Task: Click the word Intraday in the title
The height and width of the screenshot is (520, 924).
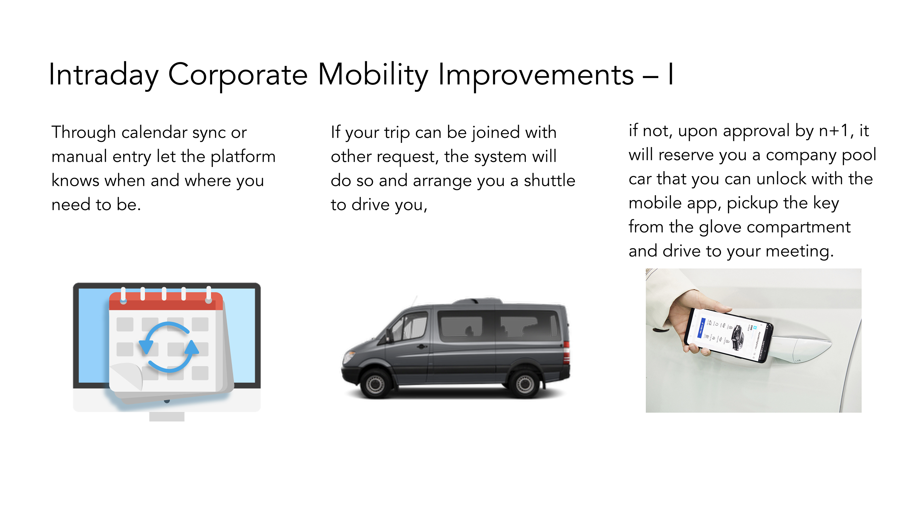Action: tap(104, 75)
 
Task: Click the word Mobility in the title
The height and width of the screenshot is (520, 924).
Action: tap(373, 75)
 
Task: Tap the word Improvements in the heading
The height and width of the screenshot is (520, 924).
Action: tap(536, 75)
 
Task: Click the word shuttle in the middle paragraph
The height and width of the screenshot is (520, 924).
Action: tap(550, 180)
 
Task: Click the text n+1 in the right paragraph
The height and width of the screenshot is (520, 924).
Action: tap(834, 131)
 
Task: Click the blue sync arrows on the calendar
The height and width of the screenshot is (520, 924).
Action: tap(168, 347)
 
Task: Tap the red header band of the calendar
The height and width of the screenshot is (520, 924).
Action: tap(166, 301)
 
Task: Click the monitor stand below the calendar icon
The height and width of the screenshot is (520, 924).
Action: tap(167, 416)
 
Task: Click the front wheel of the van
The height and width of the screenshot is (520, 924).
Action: tap(375, 384)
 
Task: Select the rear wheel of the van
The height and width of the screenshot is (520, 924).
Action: tap(525, 384)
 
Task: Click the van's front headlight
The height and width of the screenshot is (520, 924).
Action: tap(349, 358)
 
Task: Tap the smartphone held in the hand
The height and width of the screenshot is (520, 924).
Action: tap(728, 335)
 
